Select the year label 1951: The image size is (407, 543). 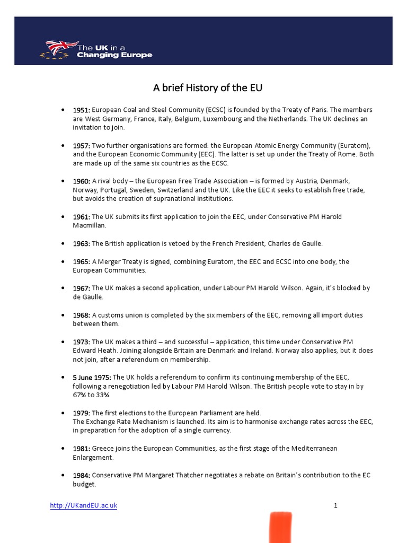point(82,110)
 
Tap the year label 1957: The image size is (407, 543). point(82,145)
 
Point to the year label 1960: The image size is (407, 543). point(82,181)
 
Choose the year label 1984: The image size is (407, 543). point(82,475)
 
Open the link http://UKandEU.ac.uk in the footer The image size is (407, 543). point(84,506)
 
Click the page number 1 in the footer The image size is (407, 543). point(335,506)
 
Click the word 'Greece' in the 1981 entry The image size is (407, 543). point(102,449)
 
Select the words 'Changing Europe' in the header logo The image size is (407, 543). point(114,55)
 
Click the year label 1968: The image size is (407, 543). point(82,315)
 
